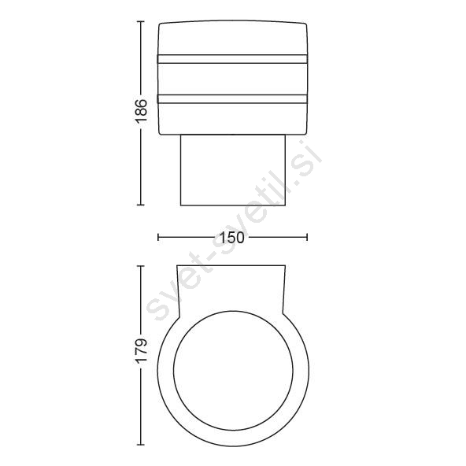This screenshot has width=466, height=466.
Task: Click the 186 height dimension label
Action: click(141, 111)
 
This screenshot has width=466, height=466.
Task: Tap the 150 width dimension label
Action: click(232, 238)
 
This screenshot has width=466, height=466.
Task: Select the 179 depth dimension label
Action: click(141, 349)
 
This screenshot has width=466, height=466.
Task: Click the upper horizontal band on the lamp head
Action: click(232, 59)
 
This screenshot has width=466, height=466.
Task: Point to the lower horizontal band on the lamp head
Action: click(232, 99)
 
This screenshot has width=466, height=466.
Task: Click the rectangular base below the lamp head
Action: click(233, 170)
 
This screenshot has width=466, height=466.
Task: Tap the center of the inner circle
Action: click(233, 371)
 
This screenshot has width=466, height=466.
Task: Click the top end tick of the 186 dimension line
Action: click(141, 22)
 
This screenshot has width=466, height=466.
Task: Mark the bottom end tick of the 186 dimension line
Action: click(141, 205)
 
